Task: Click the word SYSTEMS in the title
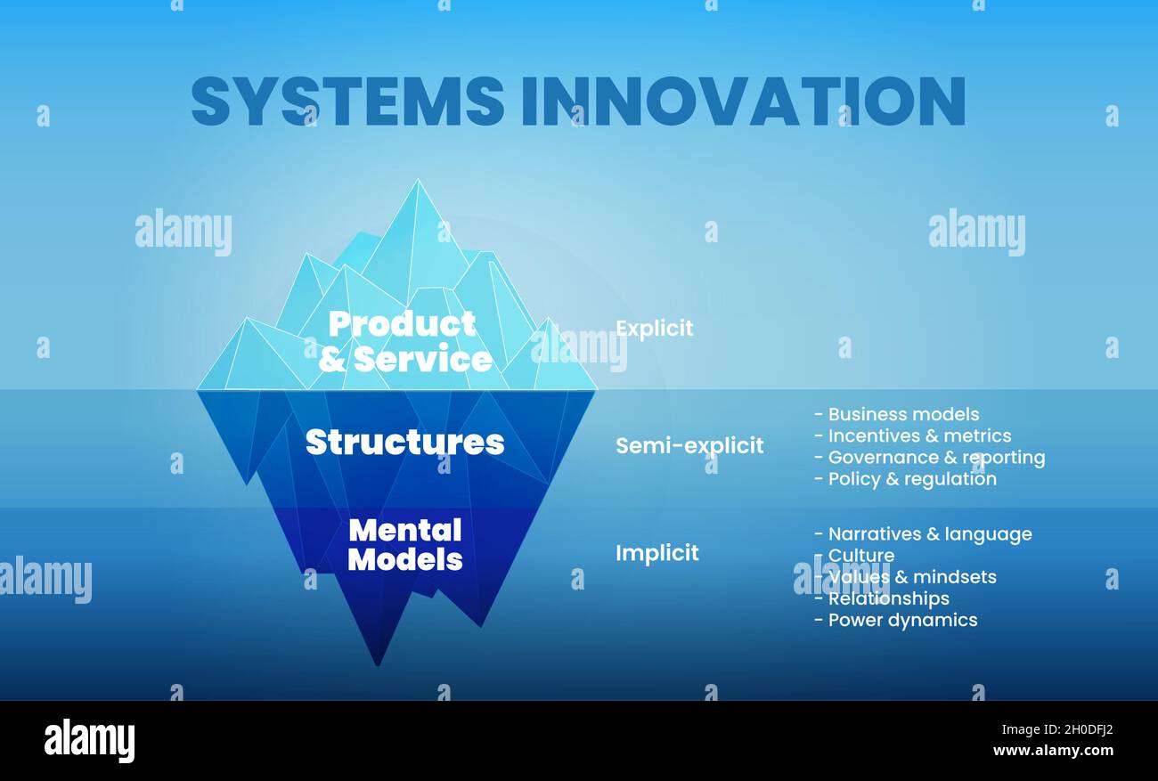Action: click(347, 100)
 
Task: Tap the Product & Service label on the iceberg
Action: click(404, 341)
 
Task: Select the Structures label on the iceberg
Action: click(404, 442)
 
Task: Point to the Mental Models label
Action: click(405, 544)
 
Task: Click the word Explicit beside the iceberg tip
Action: click(654, 329)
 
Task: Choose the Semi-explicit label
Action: click(689, 445)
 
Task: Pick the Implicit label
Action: click(656, 553)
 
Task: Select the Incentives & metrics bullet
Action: click(912, 435)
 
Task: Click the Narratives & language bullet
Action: click(923, 533)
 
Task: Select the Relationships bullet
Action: click(882, 598)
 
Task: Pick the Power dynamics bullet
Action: click(896, 620)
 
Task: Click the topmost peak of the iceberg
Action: click(416, 183)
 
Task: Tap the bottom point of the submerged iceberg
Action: click(378, 663)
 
